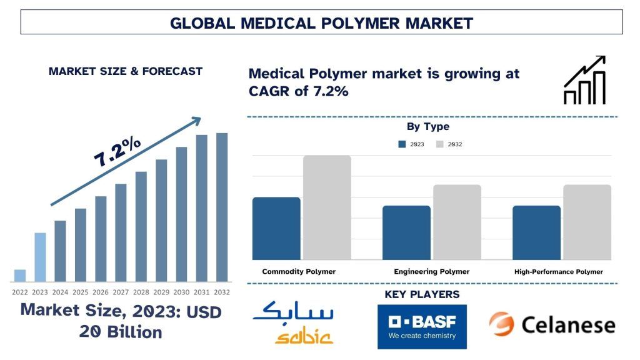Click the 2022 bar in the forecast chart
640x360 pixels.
[x=20, y=276]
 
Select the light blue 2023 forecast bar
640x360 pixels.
[x=40, y=257]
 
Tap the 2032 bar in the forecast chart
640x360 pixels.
[x=222, y=207]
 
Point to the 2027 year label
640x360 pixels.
[x=121, y=292]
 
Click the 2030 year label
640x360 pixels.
[x=182, y=292]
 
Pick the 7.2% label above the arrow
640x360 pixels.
[x=117, y=152]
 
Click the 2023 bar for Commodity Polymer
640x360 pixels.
[x=276, y=228]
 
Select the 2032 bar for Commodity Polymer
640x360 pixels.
[x=327, y=207]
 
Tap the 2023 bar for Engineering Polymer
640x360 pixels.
[x=406, y=232]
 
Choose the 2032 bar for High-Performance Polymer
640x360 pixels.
[x=587, y=222]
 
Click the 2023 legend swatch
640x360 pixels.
[x=402, y=144]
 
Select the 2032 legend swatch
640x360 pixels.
[x=439, y=144]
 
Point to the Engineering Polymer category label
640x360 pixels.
[x=431, y=272]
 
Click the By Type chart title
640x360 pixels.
[x=428, y=127]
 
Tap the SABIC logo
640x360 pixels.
[x=292, y=322]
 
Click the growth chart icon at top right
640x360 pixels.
[x=584, y=80]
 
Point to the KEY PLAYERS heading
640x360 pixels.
[x=422, y=294]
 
